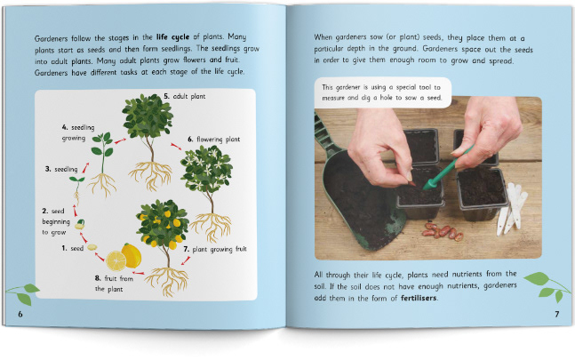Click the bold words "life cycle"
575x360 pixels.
172,37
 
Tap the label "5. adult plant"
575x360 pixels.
185,96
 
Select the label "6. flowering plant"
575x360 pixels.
214,140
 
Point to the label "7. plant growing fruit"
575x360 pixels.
215,249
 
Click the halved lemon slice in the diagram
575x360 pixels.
116,260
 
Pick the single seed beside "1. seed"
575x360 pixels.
92,247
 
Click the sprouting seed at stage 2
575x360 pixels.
80,224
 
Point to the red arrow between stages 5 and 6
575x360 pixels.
176,147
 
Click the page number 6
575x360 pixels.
20,314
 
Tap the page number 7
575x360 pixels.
557,314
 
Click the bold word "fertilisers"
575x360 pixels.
419,298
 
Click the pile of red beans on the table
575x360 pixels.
443,232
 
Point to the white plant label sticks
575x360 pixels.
512,208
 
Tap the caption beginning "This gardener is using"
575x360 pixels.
382,92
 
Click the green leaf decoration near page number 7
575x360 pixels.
546,286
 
